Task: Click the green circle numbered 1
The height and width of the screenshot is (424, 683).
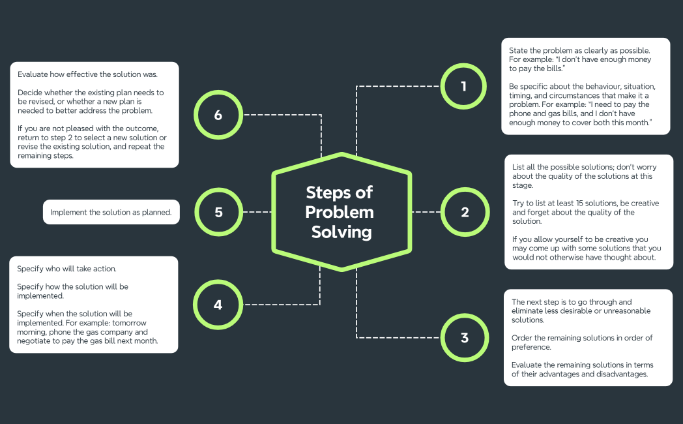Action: click(x=463, y=85)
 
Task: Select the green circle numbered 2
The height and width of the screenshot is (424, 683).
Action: click(x=465, y=212)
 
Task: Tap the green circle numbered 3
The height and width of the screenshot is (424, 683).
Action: click(x=465, y=338)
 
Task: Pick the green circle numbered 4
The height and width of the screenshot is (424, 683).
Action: click(x=218, y=304)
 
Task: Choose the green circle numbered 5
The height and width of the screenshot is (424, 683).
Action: click(x=218, y=212)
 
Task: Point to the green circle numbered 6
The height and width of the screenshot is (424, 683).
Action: click(x=218, y=115)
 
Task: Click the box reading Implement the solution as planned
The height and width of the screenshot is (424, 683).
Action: click(x=111, y=212)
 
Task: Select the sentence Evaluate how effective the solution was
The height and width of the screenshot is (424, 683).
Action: click(x=96, y=74)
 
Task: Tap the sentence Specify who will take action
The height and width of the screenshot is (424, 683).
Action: click(x=66, y=269)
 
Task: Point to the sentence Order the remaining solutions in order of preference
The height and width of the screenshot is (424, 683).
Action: click(x=582, y=342)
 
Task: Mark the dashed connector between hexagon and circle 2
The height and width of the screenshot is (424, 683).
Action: click(x=427, y=212)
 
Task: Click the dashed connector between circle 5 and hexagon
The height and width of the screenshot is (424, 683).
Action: click(x=257, y=212)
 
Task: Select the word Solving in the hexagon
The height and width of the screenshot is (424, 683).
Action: click(x=341, y=232)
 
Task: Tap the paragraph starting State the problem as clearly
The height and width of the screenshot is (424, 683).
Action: click(x=580, y=59)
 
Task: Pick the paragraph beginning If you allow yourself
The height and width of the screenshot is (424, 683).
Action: click(x=586, y=249)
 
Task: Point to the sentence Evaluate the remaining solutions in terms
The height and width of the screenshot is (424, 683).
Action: click(x=582, y=369)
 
